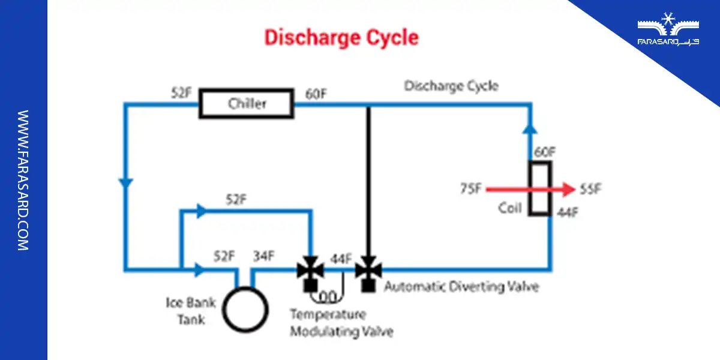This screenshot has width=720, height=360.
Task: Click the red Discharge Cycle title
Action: coord(341,38)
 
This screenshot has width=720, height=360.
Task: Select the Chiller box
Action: coord(247,104)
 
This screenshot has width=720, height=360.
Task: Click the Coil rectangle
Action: coord(539,188)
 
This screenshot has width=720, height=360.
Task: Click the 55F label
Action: coord(591,190)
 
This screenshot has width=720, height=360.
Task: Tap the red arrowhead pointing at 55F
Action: coord(567,190)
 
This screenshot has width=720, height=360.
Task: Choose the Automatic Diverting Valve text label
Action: coord(461,287)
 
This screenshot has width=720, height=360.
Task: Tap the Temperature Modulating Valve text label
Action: coord(341,323)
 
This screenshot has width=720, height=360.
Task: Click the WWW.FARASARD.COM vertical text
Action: coord(23,180)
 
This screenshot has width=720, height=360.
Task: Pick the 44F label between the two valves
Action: coord(341,259)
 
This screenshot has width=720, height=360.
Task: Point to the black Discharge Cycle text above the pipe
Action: coord(451,86)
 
